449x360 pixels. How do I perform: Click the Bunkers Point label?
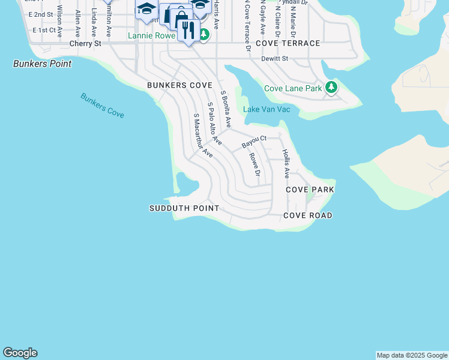pyautogui.click(x=42, y=64)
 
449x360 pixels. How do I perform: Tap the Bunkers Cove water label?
pyautogui.click(x=102, y=105)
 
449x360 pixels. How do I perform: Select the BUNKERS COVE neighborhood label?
pyautogui.click(x=180, y=86)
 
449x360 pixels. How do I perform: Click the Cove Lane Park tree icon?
pyautogui.click(x=331, y=88)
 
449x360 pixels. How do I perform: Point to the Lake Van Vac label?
pyautogui.click(x=267, y=109)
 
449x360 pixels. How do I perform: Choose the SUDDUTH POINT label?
pyautogui.click(x=184, y=208)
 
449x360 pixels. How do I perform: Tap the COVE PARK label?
pyautogui.click(x=310, y=190)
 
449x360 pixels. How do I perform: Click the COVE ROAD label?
pyautogui.click(x=308, y=215)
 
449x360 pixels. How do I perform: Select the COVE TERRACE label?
pyautogui.click(x=288, y=44)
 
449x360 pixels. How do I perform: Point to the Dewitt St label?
pyautogui.click(x=275, y=59)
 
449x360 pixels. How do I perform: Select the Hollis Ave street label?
pyautogui.click(x=286, y=163)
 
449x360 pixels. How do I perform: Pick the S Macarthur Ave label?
pyautogui.click(x=203, y=135)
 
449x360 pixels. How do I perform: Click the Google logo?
pyautogui.click(x=20, y=353)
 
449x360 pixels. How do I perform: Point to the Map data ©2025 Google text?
pyautogui.click(x=412, y=355)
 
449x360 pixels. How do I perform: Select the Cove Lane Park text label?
pyautogui.click(x=294, y=88)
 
